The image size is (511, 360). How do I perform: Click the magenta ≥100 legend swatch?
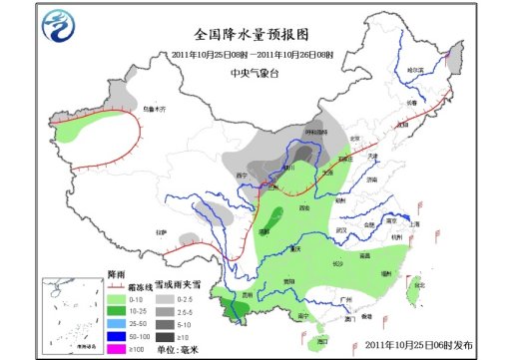pyautogui.click(x=115, y=347)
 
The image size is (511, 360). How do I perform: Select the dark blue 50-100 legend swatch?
pyautogui.click(x=115, y=335)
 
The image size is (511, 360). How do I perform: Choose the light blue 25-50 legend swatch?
pyautogui.click(x=115, y=323)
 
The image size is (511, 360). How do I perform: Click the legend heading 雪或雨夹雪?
pyautogui.click(x=184, y=285)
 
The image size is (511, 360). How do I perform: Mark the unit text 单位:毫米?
pyautogui.click(x=188, y=348)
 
